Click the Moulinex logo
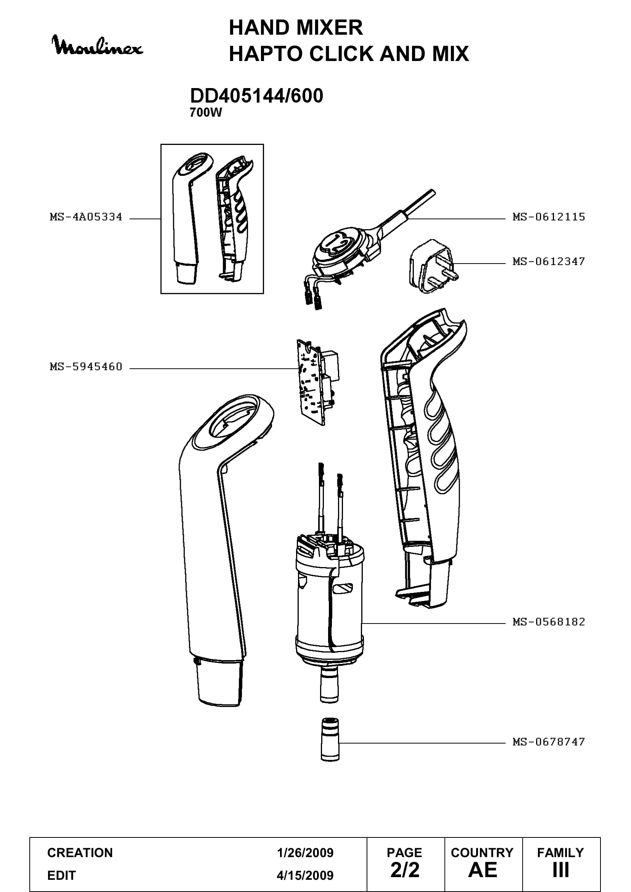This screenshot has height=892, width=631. tap(98, 45)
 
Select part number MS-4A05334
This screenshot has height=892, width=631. tap(86, 217)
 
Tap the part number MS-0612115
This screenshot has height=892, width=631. tap(549, 217)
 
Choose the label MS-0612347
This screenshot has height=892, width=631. tap(549, 262)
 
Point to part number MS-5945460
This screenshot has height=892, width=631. tap(86, 367)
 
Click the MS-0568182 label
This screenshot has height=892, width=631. tap(549, 622)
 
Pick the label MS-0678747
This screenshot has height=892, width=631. tap(549, 742)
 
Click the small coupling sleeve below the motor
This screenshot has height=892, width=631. tap(330, 739)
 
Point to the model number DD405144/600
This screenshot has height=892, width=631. tap(256, 96)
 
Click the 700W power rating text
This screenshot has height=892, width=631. tap(206, 113)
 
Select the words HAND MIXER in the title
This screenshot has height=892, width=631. tap(296, 27)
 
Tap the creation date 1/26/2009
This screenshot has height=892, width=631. tap(305, 853)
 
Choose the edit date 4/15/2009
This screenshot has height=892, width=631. tap(305, 875)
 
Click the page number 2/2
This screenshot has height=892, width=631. tap(405, 870)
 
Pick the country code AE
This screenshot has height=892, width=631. tap(483, 870)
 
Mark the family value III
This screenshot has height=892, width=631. tap(561, 870)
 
